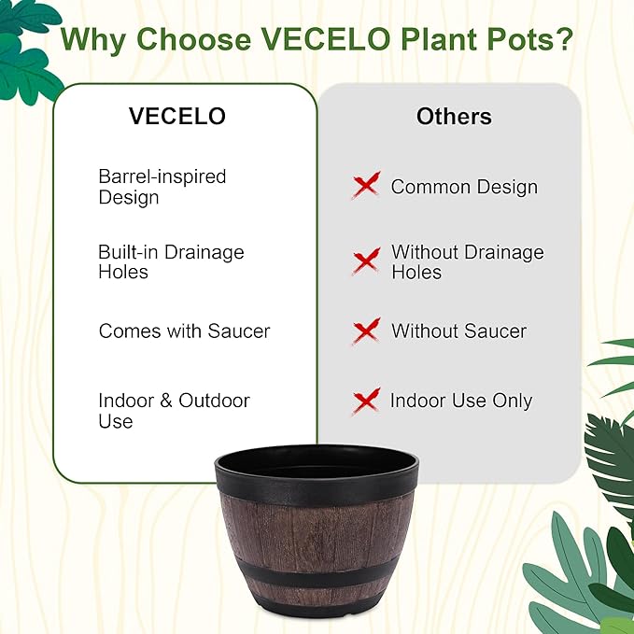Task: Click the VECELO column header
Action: pyautogui.click(x=177, y=117)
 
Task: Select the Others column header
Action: pyautogui.click(x=454, y=117)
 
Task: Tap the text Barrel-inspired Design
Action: pyautogui.click(x=162, y=187)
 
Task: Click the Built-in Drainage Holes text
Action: pyautogui.click(x=171, y=262)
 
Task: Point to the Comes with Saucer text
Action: pyautogui.click(x=184, y=331)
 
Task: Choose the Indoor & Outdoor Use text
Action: pyautogui.click(x=174, y=411)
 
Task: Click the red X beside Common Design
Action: pyautogui.click(x=366, y=185)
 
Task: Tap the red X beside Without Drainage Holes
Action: pyautogui.click(x=366, y=261)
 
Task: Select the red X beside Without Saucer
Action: pyautogui.click(x=366, y=331)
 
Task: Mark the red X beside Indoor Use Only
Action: pyautogui.click(x=366, y=402)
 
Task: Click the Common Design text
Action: pyautogui.click(x=464, y=187)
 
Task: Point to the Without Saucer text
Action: pyautogui.click(x=458, y=331)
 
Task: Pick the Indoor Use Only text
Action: pyautogui.click(x=460, y=402)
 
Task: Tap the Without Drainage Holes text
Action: pyautogui.click(x=467, y=262)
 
